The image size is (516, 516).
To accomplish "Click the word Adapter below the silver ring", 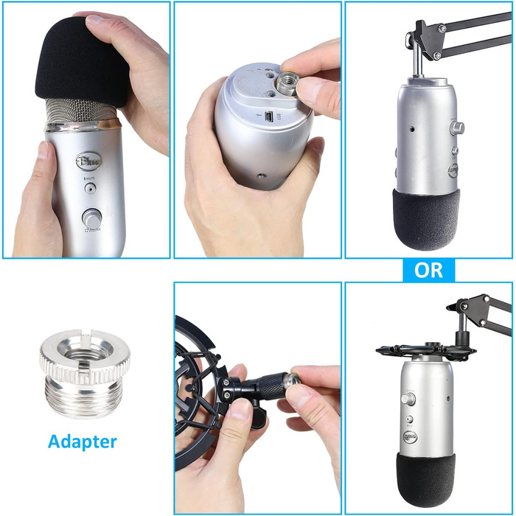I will (82, 442).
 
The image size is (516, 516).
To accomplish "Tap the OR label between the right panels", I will (428, 270).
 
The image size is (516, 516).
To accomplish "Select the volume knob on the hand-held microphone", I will (91, 218).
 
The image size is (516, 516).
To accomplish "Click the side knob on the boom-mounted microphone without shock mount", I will (459, 127).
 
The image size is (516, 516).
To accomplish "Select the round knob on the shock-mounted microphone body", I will (408, 398).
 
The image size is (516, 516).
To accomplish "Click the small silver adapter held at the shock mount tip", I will (292, 380).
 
